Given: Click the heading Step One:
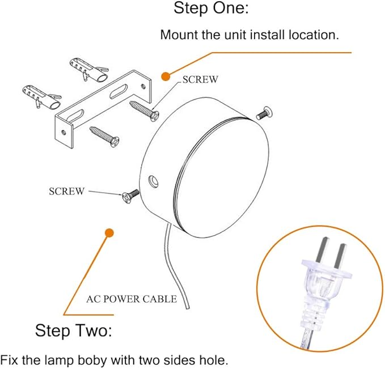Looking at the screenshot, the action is (x=211, y=8).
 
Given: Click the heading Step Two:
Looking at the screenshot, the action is (x=73, y=330).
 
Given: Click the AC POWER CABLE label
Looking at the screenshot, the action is (x=132, y=299).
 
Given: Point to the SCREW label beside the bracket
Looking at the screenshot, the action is (x=200, y=79).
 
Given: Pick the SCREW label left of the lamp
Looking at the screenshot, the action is (x=66, y=192).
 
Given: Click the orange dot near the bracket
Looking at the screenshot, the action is (x=166, y=77).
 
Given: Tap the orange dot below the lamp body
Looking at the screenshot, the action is (x=109, y=233).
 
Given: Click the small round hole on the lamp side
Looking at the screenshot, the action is (x=154, y=182).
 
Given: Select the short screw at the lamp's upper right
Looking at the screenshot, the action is (x=264, y=113).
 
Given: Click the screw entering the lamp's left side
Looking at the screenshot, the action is (x=130, y=196).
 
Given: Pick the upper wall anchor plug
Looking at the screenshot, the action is (x=88, y=69).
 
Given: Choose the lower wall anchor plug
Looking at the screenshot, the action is (x=41, y=97).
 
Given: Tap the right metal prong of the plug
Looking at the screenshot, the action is (x=339, y=256).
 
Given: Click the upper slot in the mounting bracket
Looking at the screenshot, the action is (x=119, y=92).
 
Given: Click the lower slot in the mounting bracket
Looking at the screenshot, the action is (x=75, y=117).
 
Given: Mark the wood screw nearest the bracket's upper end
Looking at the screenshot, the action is (x=145, y=111).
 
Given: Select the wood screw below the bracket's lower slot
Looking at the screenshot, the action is (x=104, y=137).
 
